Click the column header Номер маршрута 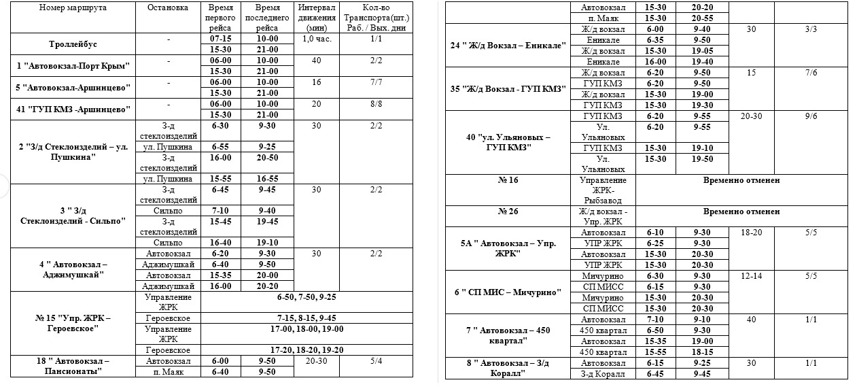[73, 7]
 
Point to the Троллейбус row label [73, 44]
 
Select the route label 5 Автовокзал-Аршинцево [73, 88]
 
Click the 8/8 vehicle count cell [376, 104]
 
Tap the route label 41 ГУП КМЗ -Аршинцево [73, 109]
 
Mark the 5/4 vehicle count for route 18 [376, 360]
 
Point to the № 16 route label [508, 180]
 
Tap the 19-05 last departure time [701, 51]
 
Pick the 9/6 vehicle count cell [810, 116]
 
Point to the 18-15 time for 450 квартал [701, 352]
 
